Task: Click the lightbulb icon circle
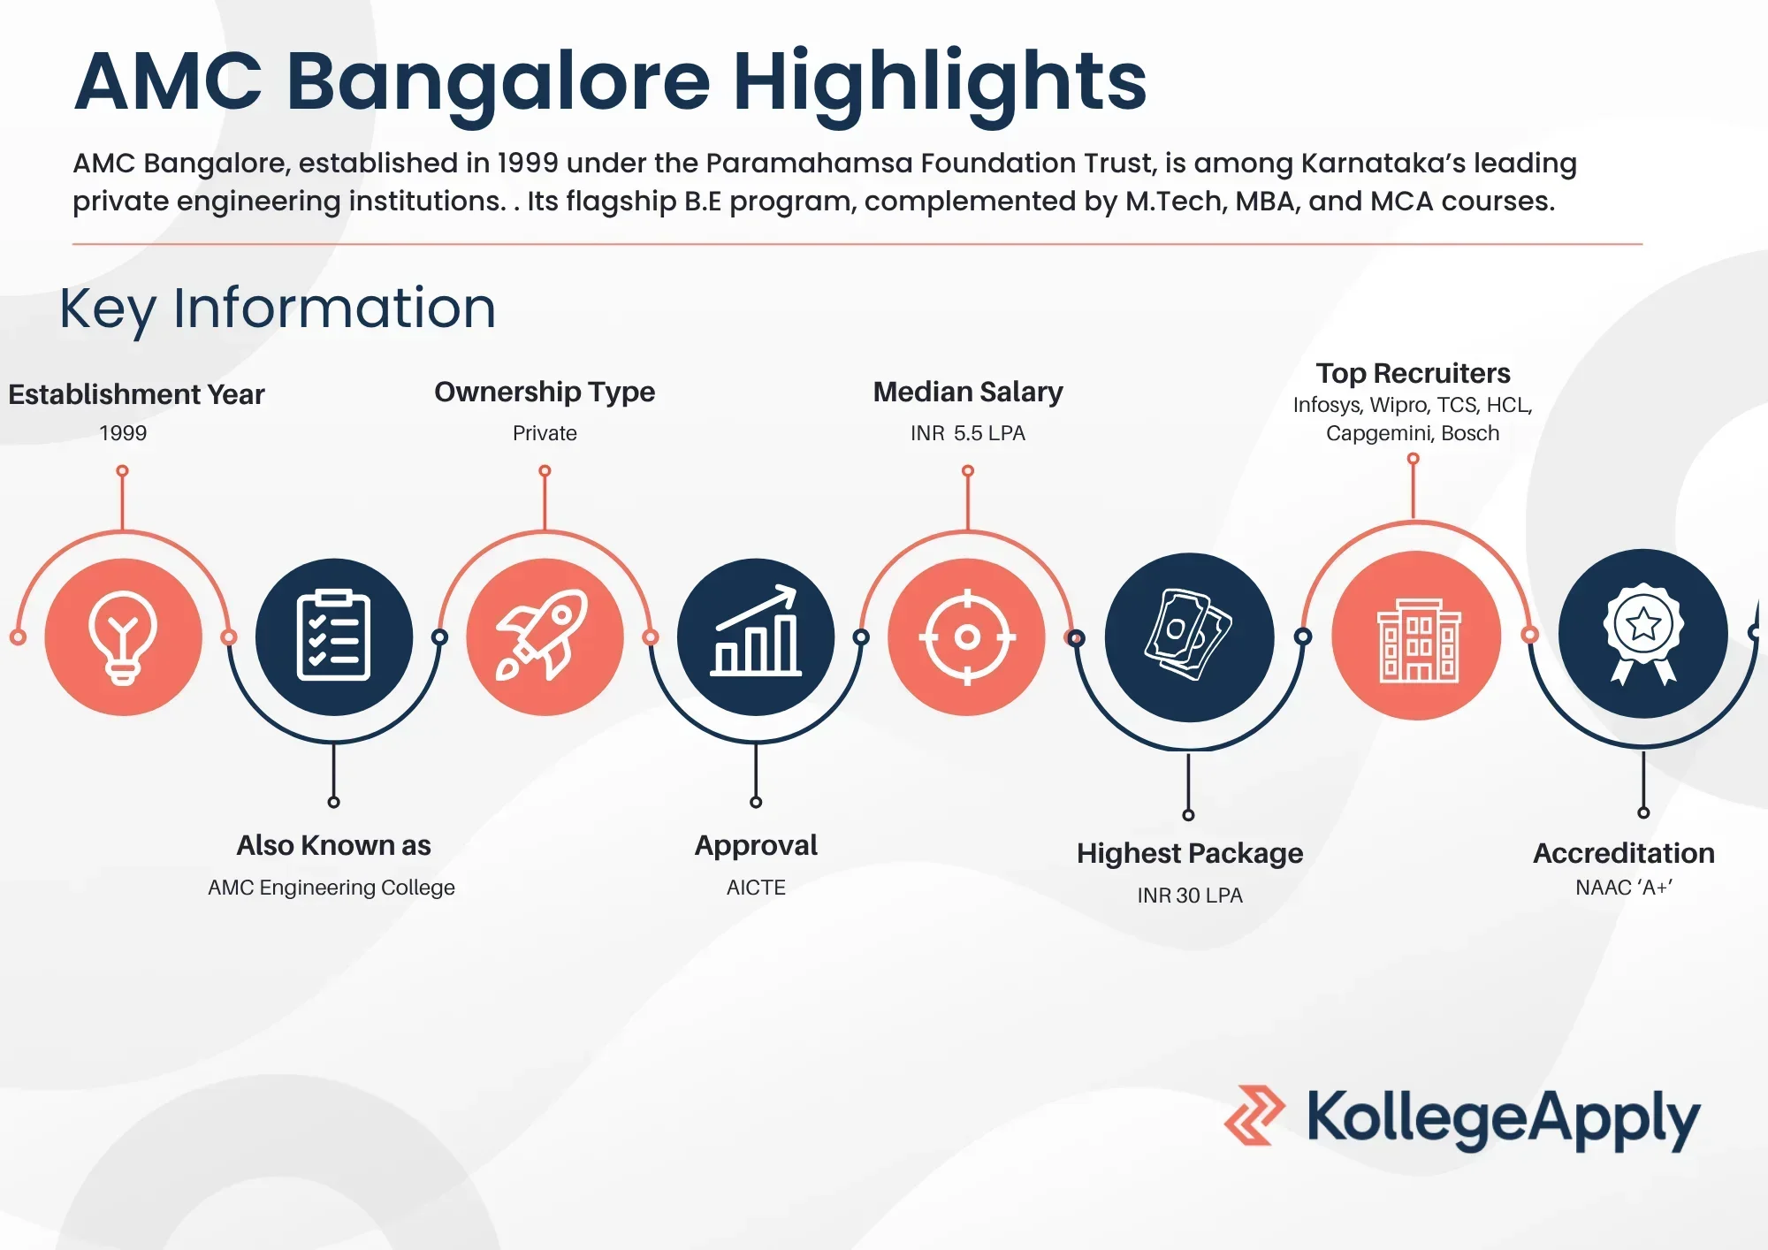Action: pyautogui.click(x=123, y=636)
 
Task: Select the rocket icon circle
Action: pyautogui.click(x=545, y=636)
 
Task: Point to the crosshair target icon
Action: pyautogui.click(x=967, y=636)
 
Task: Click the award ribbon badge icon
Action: pyautogui.click(x=1643, y=633)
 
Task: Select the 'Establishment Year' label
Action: pyautogui.click(x=136, y=394)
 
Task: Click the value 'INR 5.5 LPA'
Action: pyautogui.click(x=968, y=433)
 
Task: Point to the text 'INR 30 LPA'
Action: pyautogui.click(x=1190, y=896)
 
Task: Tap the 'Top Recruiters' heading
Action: pyautogui.click(x=1413, y=374)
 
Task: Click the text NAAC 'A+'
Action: pyautogui.click(x=1624, y=888)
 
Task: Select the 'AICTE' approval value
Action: pyautogui.click(x=756, y=888)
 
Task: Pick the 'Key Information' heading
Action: pyautogui.click(x=278, y=309)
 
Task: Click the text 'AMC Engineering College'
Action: pyautogui.click(x=331, y=888)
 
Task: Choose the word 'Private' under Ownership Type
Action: pyautogui.click(x=545, y=433)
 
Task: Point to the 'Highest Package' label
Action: pyautogui.click(x=1190, y=854)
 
